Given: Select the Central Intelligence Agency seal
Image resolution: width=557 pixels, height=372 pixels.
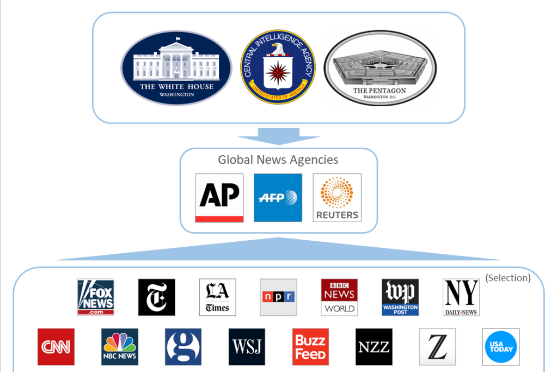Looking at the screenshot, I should [278, 67].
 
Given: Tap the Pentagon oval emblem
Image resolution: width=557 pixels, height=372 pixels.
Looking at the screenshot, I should [380, 68].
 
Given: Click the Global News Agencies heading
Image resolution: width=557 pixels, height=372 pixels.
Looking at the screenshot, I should [278, 160].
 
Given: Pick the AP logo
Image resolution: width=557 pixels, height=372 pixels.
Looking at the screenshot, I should [219, 198].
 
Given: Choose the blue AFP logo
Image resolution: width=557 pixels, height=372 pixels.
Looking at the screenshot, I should [278, 198].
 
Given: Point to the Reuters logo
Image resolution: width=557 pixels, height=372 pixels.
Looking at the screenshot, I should [337, 198].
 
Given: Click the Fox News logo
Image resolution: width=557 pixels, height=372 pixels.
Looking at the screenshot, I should [96, 297].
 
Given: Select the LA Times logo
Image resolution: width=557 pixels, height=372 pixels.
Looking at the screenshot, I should [217, 297].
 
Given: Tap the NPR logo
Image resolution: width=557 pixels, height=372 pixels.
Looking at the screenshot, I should [278, 297].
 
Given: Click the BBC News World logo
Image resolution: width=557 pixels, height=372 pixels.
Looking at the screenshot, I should [339, 297].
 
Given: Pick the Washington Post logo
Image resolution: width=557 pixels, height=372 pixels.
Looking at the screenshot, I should [400, 297].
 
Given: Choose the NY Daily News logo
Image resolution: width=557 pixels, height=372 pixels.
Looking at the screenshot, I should [461, 297].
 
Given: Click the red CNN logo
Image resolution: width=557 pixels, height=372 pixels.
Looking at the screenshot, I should [56, 346].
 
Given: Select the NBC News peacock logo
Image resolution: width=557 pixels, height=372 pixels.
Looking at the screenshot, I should [120, 346].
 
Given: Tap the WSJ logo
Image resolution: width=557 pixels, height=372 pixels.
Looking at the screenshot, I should [247, 346].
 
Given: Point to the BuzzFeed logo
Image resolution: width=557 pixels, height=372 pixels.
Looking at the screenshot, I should [310, 346].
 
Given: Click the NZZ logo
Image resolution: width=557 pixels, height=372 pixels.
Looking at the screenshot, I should [374, 346].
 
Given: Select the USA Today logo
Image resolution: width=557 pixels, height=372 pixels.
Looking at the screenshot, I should [501, 346].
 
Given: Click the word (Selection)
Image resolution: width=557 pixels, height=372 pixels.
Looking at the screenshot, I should [507, 278].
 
